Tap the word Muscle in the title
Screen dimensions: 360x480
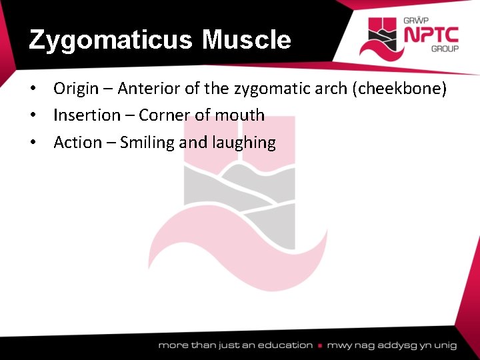[247, 40]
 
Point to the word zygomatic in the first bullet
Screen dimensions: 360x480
[263, 88]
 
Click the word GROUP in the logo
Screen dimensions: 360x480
[444, 49]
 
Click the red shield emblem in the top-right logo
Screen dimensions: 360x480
[382, 37]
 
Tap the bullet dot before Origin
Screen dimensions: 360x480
[41, 89]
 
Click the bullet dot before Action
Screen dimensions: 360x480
[41, 143]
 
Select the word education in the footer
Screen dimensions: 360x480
[285, 345]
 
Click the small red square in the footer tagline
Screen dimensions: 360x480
[321, 345]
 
